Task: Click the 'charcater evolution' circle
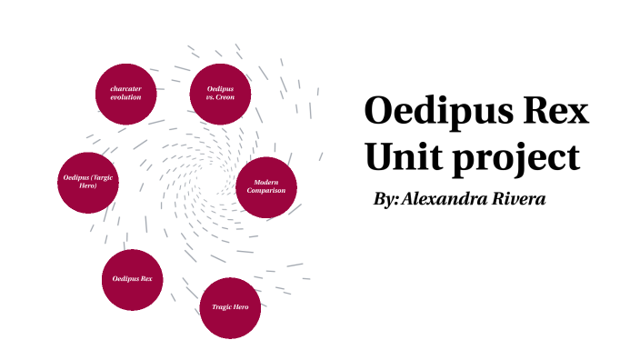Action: (x=126, y=94)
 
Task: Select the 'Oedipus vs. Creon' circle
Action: (x=220, y=94)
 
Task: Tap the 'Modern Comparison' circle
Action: (x=266, y=187)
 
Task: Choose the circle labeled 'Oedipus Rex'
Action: (x=132, y=279)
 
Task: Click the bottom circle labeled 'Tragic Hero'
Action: (x=230, y=307)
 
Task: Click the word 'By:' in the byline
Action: (x=386, y=199)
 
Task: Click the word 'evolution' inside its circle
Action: (x=126, y=97)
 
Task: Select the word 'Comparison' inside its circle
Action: (x=266, y=192)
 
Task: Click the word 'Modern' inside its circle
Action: (x=266, y=184)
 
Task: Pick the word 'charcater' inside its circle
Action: (x=126, y=88)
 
